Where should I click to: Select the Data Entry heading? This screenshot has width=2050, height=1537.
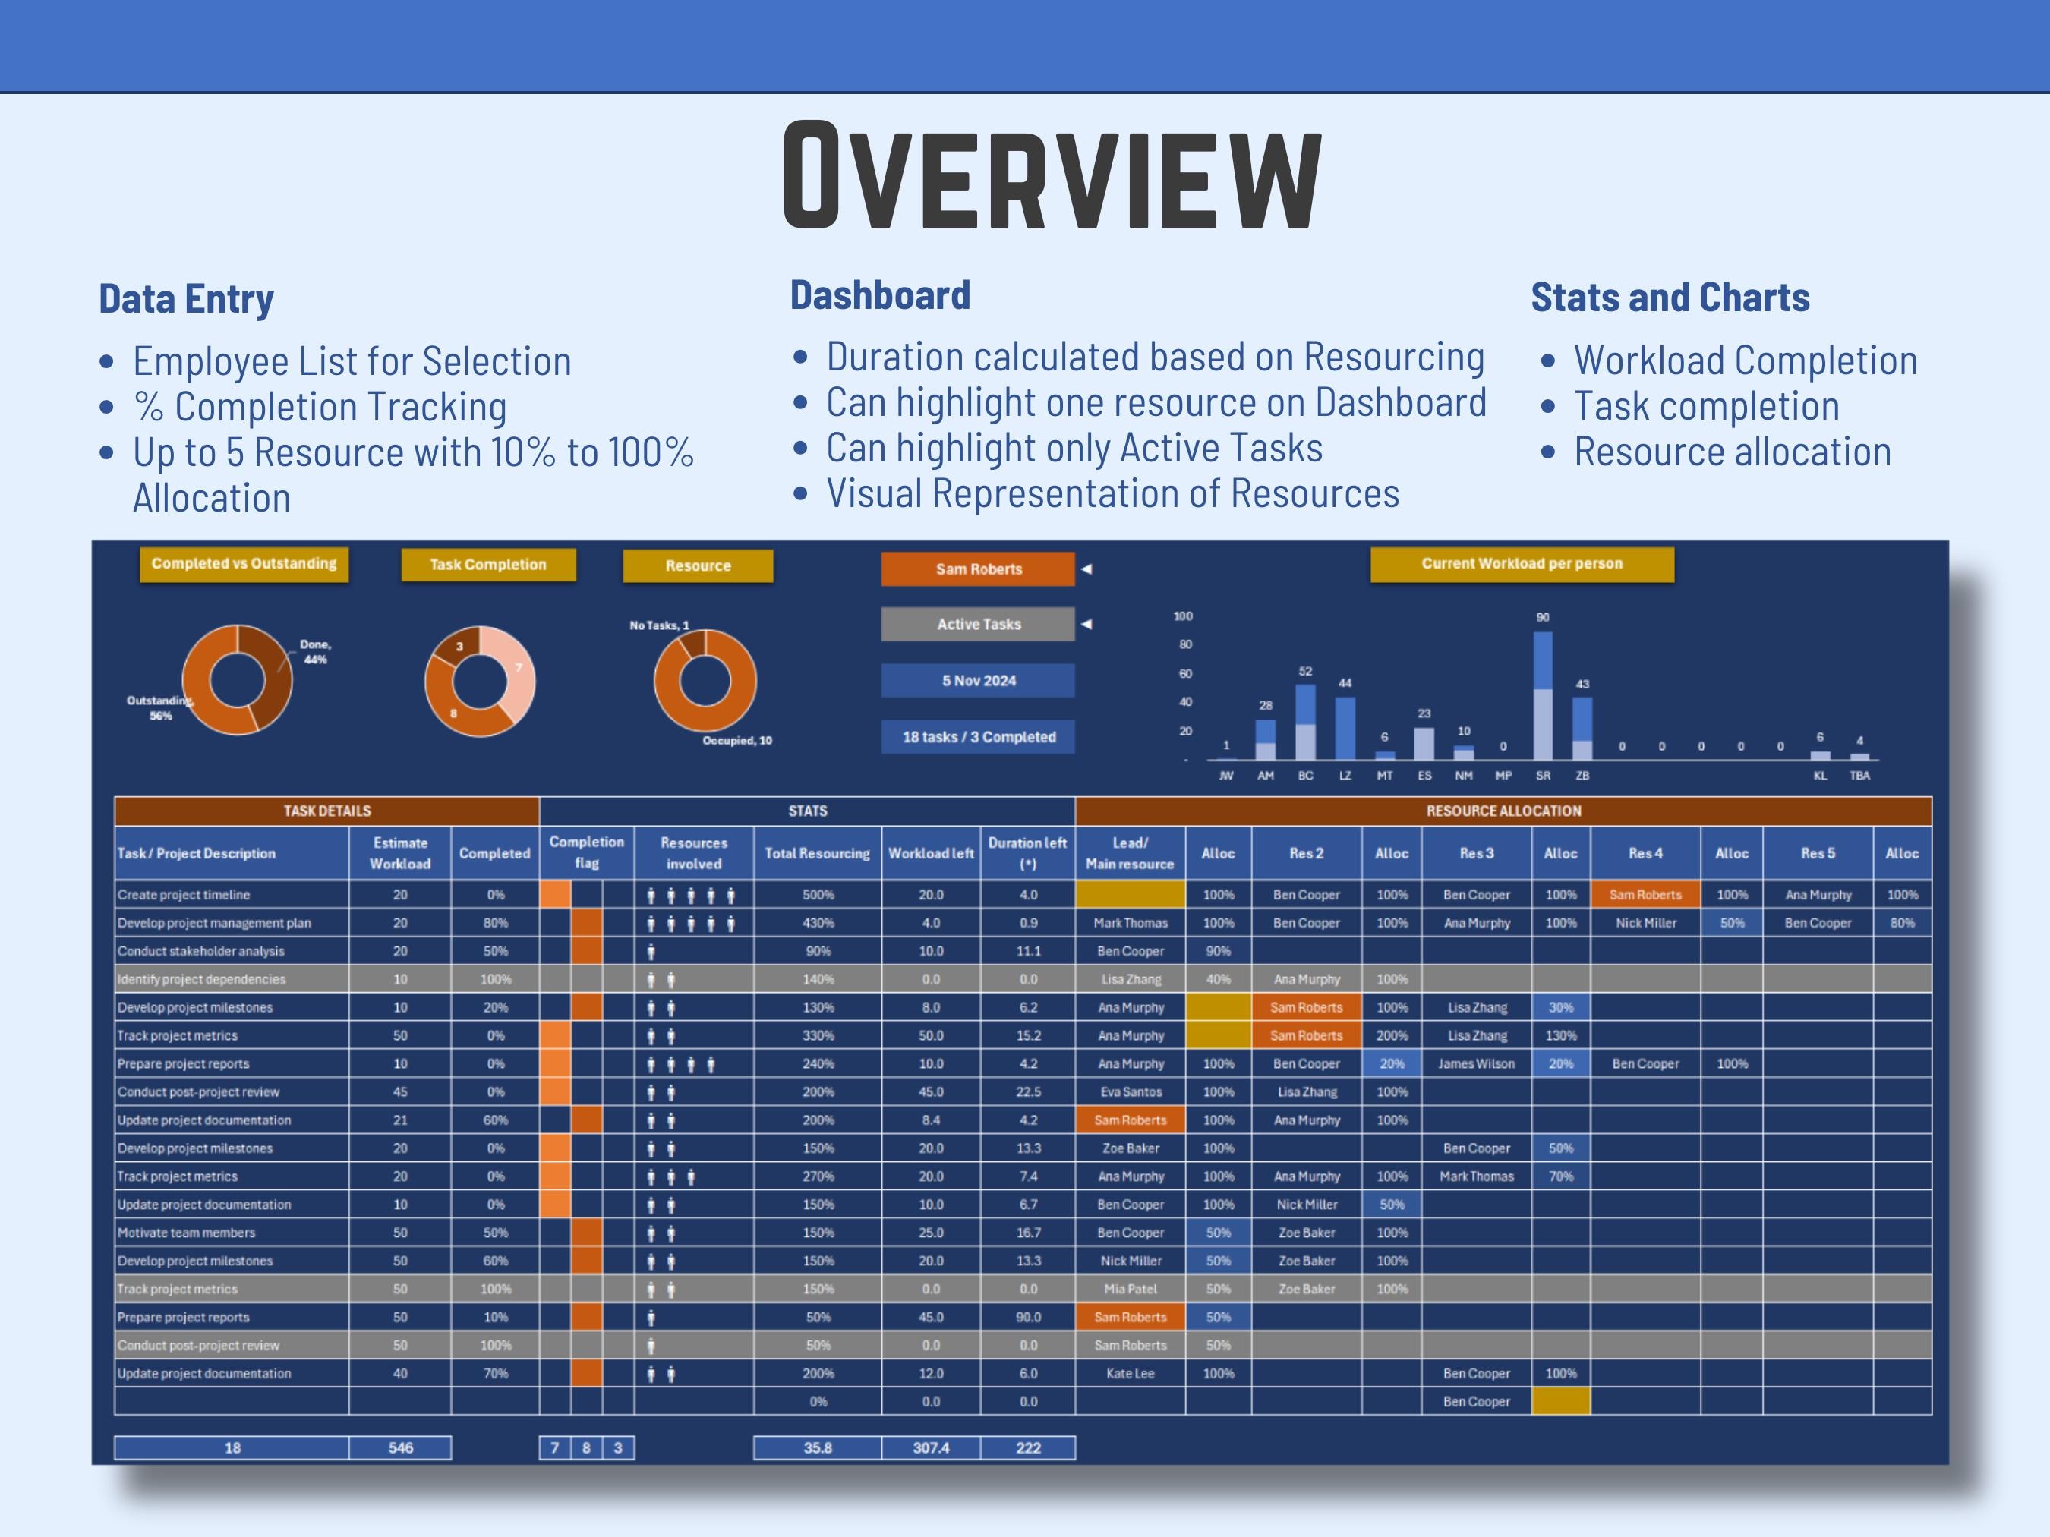point(186,299)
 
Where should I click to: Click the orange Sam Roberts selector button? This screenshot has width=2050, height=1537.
point(978,569)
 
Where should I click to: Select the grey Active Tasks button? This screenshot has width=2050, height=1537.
point(978,625)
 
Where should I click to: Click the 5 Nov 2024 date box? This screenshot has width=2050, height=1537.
point(978,681)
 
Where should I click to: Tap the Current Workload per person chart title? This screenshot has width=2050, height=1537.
point(1522,563)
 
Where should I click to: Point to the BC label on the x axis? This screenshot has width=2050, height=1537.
point(1305,776)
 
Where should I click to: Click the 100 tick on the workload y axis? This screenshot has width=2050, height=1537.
point(1184,616)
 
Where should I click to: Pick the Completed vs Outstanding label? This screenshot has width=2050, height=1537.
point(244,563)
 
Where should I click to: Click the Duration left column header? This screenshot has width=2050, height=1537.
point(1027,853)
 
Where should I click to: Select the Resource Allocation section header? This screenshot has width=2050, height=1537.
point(1503,811)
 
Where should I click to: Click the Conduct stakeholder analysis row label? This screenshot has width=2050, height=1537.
point(201,952)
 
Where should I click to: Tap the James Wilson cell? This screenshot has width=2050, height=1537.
point(1476,1063)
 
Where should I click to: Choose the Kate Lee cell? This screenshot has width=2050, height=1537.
point(1130,1374)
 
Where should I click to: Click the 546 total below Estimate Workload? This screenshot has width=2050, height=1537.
point(400,1448)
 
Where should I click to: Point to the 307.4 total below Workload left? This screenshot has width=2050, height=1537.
point(930,1448)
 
